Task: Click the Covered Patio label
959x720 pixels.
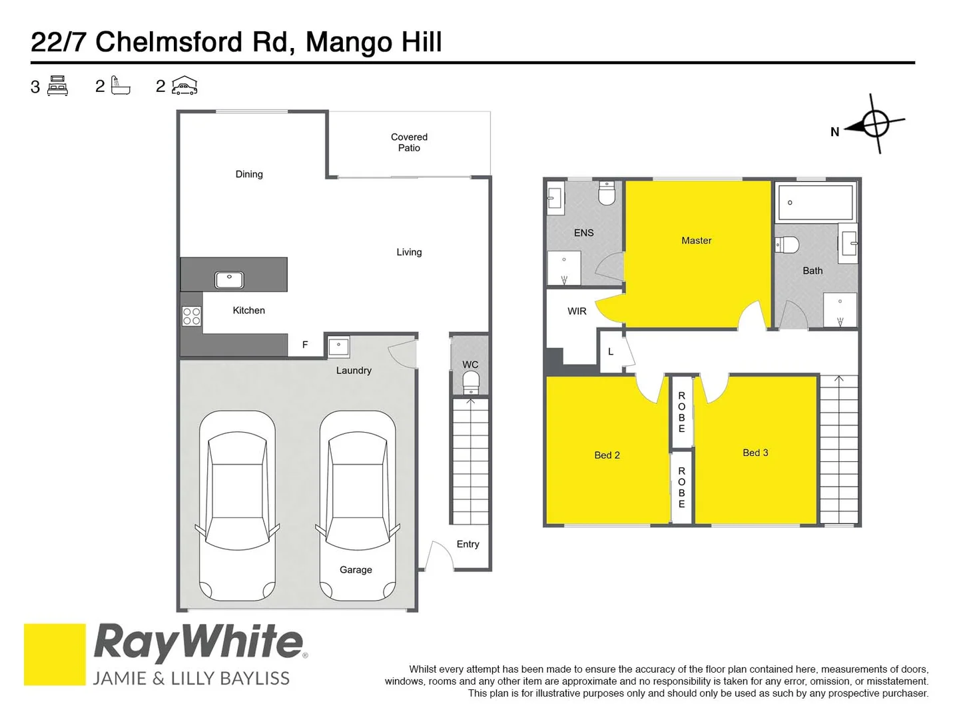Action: point(409,142)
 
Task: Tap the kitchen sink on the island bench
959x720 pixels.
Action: point(229,280)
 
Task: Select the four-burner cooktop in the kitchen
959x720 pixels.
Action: point(192,316)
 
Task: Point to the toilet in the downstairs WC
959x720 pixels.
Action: point(471,383)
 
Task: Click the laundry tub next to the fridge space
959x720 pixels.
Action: point(339,347)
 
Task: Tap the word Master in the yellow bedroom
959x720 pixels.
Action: point(696,241)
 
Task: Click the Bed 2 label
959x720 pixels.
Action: point(607,455)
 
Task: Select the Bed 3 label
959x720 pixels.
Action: point(755,453)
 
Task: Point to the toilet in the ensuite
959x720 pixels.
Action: point(607,193)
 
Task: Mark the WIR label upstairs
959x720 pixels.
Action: point(577,311)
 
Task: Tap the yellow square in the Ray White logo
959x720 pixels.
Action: point(55,654)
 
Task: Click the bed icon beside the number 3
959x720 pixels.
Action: point(58,86)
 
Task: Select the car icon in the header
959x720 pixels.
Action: point(184,85)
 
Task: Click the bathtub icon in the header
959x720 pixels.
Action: point(120,86)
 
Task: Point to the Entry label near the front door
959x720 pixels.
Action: point(468,544)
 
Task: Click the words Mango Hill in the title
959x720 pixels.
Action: point(374,42)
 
